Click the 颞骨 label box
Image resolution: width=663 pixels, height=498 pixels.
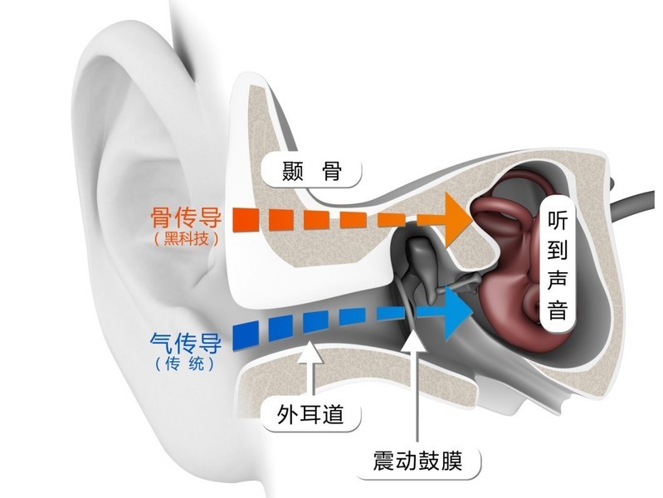pos(311,171)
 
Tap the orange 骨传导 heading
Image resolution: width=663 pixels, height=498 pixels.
pos(186,217)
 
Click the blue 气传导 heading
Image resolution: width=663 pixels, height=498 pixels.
pos(186,343)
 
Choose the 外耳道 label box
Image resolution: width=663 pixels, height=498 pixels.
pos(310,414)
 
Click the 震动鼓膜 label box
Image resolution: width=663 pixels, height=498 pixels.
pos(417,462)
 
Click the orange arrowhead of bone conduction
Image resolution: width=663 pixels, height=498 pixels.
pos(457,219)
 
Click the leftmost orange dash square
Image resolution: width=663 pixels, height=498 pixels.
pos(246,220)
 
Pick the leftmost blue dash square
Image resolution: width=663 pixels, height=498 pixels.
pos(246,335)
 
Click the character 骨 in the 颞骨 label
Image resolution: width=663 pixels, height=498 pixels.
pos(332,171)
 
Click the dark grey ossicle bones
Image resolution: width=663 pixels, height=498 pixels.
pos(423,266)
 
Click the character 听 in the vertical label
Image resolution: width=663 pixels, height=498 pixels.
pos(558,220)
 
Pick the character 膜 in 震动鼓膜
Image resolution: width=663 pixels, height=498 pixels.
pos(451,462)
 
